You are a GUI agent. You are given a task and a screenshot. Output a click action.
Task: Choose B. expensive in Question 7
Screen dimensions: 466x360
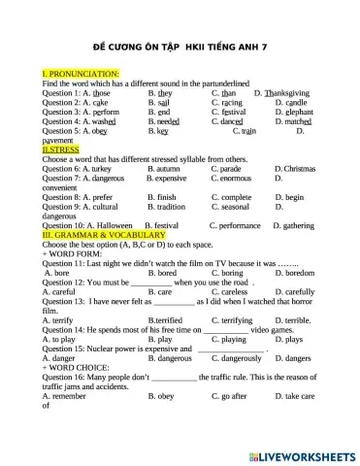coord(166,179)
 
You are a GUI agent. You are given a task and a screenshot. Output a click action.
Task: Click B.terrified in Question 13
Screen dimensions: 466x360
coord(169,319)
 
